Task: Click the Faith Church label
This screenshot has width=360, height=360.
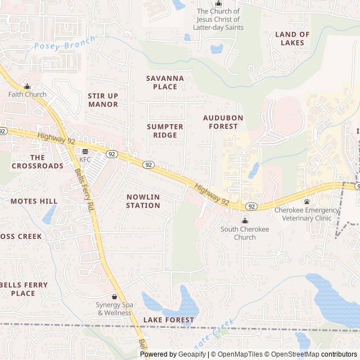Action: click(27, 94)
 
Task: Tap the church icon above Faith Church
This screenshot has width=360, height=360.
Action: click(27, 87)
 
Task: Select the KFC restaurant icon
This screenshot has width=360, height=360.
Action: click(85, 152)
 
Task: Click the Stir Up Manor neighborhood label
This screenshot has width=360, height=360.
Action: click(103, 100)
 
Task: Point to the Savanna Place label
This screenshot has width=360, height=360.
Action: click(165, 83)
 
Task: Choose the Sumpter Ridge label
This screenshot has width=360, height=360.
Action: click(165, 131)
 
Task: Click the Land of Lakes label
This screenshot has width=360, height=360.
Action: click(292, 38)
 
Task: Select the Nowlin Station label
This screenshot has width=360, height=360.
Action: click(143, 201)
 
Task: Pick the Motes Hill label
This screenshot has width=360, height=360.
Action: click(34, 201)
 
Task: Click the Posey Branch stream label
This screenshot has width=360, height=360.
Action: click(64, 44)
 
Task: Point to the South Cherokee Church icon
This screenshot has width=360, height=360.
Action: click(245, 221)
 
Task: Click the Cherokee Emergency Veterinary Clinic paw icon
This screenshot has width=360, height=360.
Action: click(307, 202)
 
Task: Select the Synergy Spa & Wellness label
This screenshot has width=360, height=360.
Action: click(114, 309)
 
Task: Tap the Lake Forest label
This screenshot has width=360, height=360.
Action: click(169, 320)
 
